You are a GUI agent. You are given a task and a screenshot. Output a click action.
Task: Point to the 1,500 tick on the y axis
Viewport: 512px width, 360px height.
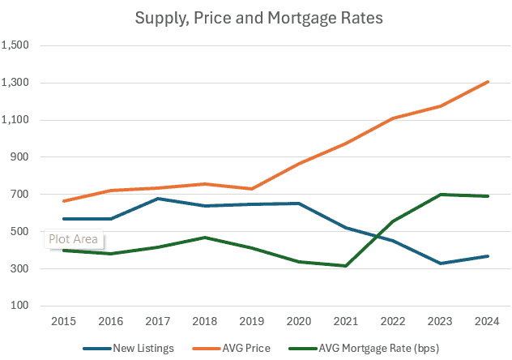coord(17,45)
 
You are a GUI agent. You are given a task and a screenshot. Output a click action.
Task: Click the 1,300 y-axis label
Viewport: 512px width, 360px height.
coord(17,83)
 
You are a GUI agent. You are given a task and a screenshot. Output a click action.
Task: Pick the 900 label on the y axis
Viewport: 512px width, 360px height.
coord(21,157)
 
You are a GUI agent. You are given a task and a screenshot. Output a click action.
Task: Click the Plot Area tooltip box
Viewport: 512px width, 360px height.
coord(73,239)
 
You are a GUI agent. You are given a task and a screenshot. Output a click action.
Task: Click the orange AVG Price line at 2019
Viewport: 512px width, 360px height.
coord(252,189)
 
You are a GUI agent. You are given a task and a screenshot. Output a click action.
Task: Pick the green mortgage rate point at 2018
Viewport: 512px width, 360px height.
coord(205,238)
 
